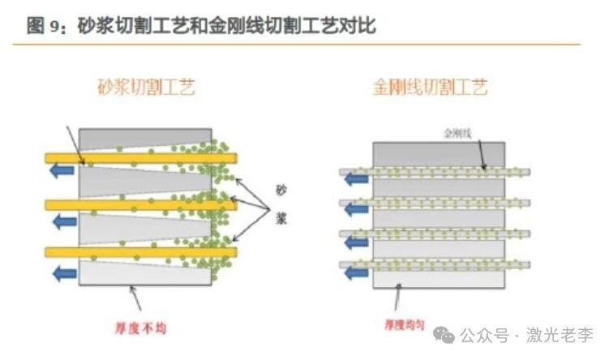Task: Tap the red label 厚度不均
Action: click(x=144, y=329)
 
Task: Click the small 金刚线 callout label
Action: click(x=457, y=131)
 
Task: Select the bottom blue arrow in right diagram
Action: click(x=354, y=273)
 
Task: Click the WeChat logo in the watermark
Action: click(x=448, y=333)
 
